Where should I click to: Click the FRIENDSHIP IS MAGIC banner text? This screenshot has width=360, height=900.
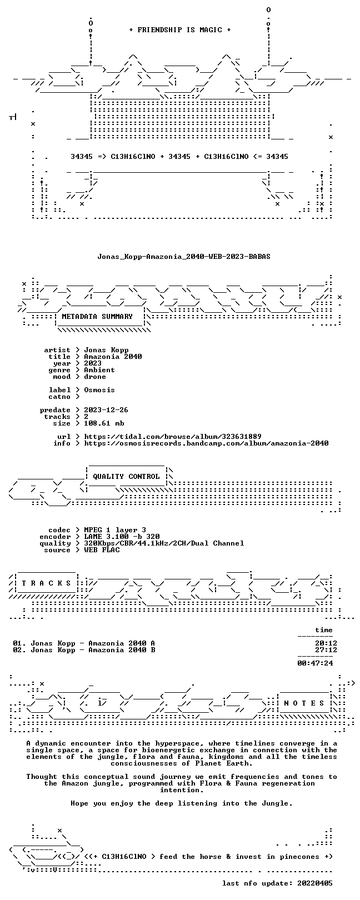tap(179, 30)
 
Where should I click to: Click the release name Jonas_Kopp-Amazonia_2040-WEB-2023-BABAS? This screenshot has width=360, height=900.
tap(184, 256)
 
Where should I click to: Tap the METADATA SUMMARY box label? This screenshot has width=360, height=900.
tap(97, 317)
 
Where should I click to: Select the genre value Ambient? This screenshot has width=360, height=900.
tap(99, 370)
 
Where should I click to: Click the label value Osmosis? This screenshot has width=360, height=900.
tap(99, 390)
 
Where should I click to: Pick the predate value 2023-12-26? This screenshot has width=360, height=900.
tap(106, 410)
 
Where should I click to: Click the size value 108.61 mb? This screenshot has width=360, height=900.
tap(104, 423)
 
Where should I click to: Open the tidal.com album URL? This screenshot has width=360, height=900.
tap(173, 437)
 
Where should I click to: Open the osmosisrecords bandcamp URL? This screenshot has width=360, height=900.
tap(206, 443)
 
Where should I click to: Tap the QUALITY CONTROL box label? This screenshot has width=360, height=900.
tap(126, 477)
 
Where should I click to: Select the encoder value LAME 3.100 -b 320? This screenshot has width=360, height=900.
tap(122, 537)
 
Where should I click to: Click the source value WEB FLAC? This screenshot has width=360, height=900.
tap(102, 550)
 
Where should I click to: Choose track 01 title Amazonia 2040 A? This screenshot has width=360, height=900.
tap(122, 643)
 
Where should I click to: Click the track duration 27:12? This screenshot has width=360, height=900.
tap(326, 650)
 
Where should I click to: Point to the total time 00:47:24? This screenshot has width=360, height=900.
tap(316, 663)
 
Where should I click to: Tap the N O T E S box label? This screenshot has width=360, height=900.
tap(304, 703)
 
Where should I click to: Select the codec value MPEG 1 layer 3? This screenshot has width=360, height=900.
tap(115, 530)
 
